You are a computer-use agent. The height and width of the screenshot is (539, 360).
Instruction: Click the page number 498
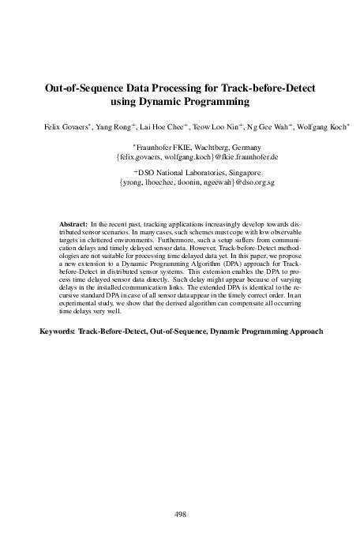179,514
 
